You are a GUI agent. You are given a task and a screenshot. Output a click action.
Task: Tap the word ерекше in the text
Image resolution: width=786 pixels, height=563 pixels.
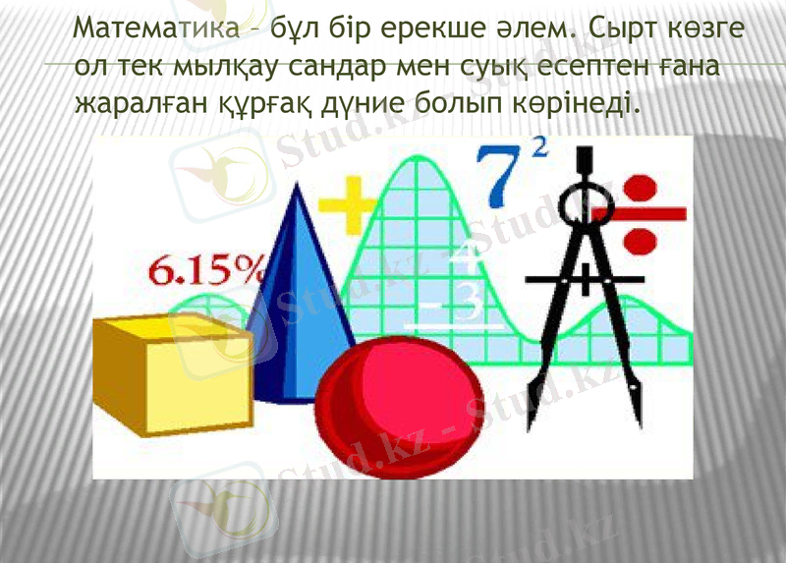431,32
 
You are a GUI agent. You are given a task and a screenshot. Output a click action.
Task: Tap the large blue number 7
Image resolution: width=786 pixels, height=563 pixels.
503,178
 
